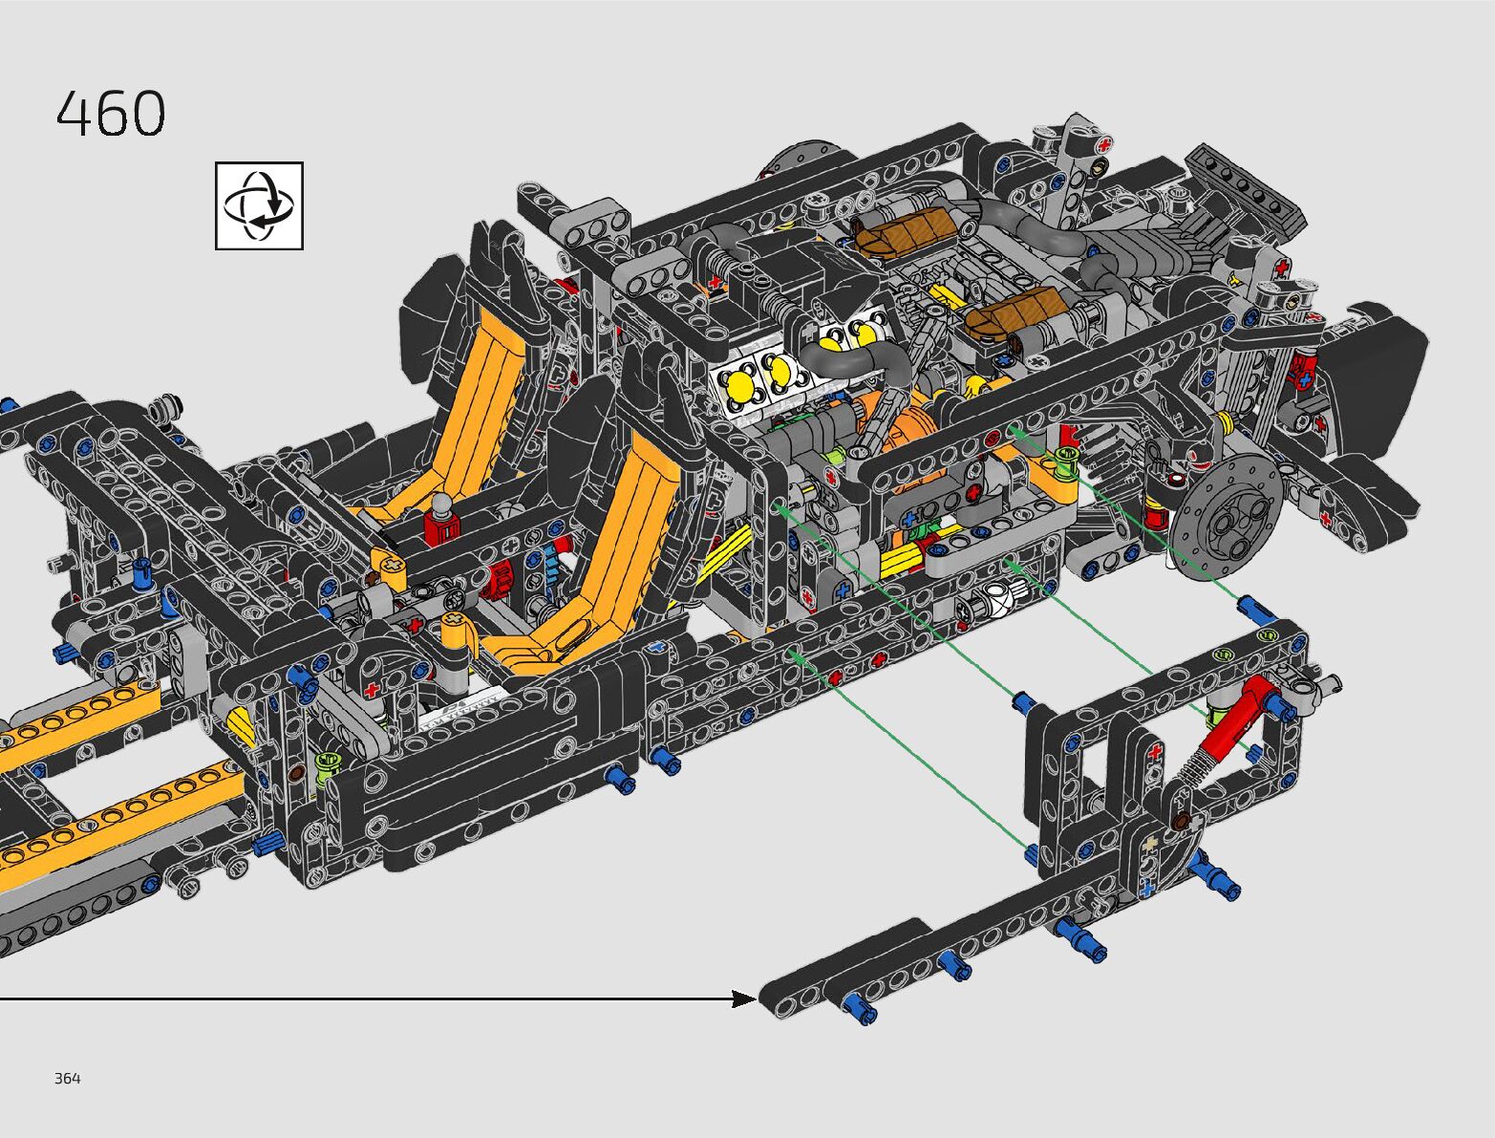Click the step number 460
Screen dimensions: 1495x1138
point(111,113)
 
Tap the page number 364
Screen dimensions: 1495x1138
point(68,1078)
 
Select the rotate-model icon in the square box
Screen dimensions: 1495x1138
point(260,205)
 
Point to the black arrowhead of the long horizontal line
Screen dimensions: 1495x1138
point(744,999)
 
